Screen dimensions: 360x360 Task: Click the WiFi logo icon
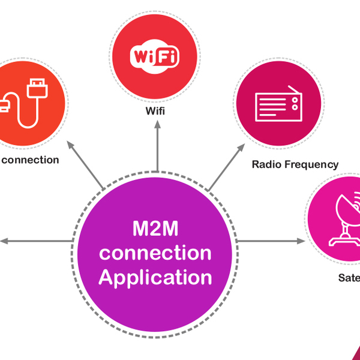[154, 58]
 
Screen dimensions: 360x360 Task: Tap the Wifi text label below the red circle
[154, 112]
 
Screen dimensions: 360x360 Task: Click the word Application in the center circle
[155, 278]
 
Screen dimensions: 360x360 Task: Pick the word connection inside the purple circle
[155, 253]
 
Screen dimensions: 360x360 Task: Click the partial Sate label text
[348, 278]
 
